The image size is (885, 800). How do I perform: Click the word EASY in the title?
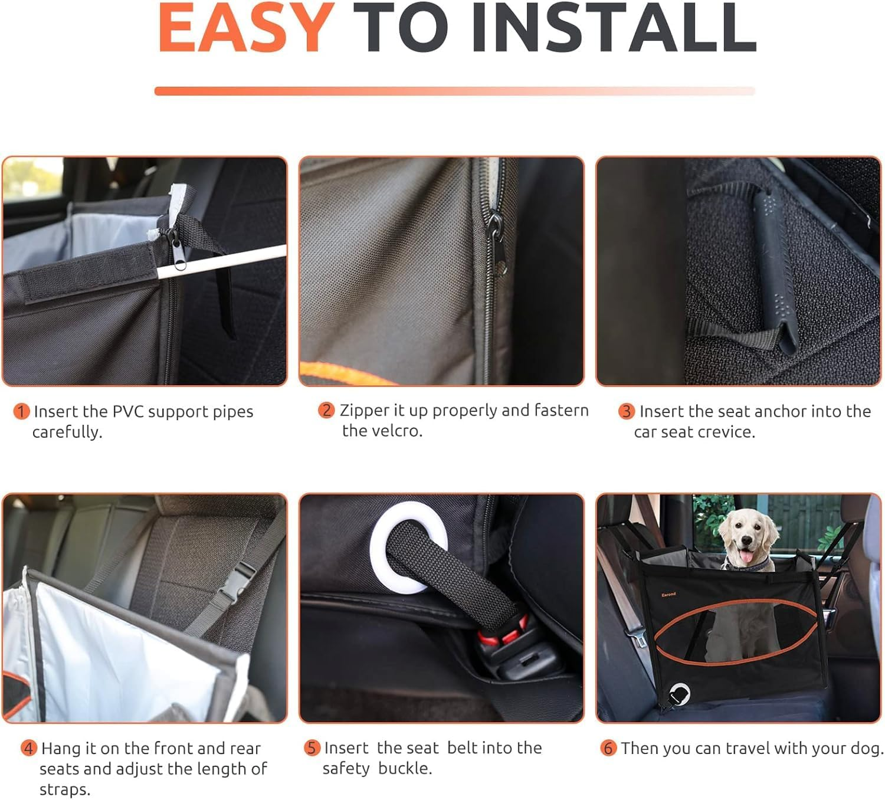246,27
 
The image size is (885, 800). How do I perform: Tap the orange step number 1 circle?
21,412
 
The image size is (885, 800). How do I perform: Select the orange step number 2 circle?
326,411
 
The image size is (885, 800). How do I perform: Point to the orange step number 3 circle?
626,412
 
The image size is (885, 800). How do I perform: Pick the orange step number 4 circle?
29,748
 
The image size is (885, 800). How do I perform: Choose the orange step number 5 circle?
312,748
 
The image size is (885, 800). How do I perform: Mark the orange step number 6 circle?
608,748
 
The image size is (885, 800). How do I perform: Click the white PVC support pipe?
221,262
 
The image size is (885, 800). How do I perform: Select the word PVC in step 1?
129,412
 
